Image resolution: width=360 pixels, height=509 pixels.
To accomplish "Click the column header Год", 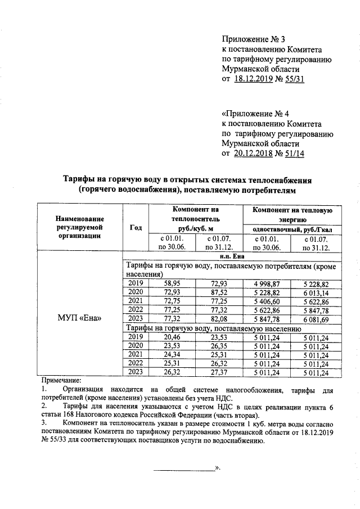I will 135,227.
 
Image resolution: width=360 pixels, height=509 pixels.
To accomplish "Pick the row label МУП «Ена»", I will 80,318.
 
